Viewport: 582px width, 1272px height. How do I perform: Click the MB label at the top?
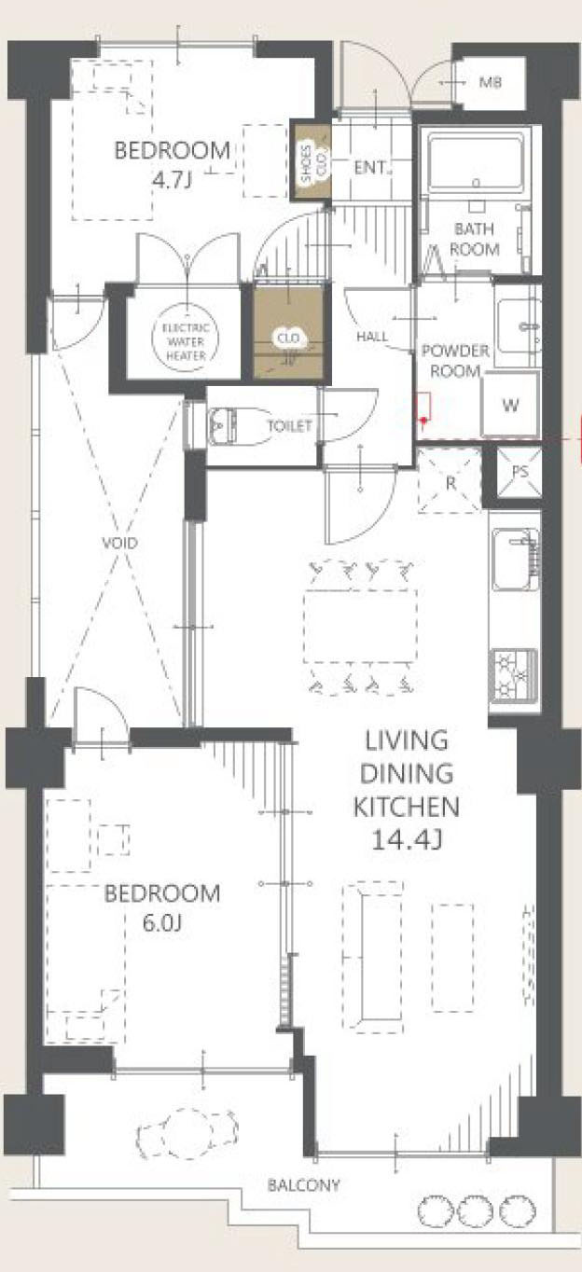pos(491,82)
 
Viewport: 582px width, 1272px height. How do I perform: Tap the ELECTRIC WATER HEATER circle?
pos(185,341)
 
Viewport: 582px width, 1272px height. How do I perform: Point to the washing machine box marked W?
pos(510,405)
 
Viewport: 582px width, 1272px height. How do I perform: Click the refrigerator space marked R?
pos(450,482)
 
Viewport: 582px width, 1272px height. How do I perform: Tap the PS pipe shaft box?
pos(520,471)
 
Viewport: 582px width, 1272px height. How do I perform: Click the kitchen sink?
pos(515,560)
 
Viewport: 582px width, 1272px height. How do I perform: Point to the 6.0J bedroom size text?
pos(162,923)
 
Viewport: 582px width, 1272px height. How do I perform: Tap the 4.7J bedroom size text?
pos(173,181)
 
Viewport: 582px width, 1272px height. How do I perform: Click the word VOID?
pos(119,544)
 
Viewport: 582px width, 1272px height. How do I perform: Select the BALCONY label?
pos(304,1185)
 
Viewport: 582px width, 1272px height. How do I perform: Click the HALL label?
pos(372,336)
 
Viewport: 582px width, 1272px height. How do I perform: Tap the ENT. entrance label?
pos(371,168)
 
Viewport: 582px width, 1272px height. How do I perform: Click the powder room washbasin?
pos(518,326)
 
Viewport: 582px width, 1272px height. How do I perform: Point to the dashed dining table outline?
pos(361,627)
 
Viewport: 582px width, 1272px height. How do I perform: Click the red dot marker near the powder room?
pos(423,421)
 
